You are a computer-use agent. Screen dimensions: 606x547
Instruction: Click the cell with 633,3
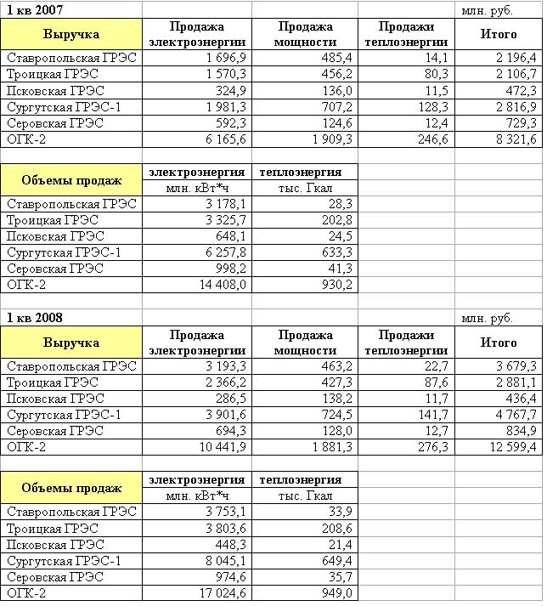pos(336,252)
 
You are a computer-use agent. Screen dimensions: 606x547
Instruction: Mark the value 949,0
pos(336,592)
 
